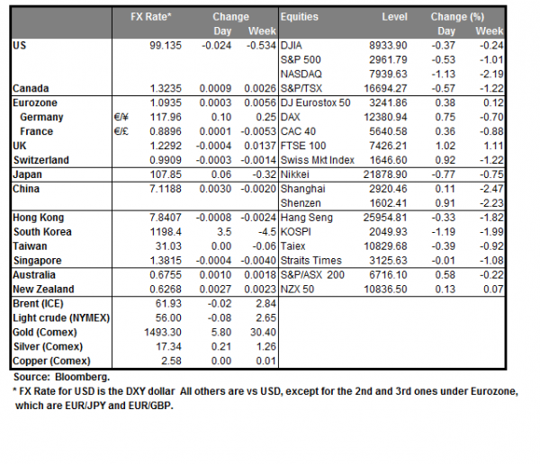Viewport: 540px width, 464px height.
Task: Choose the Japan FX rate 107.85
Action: point(164,175)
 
